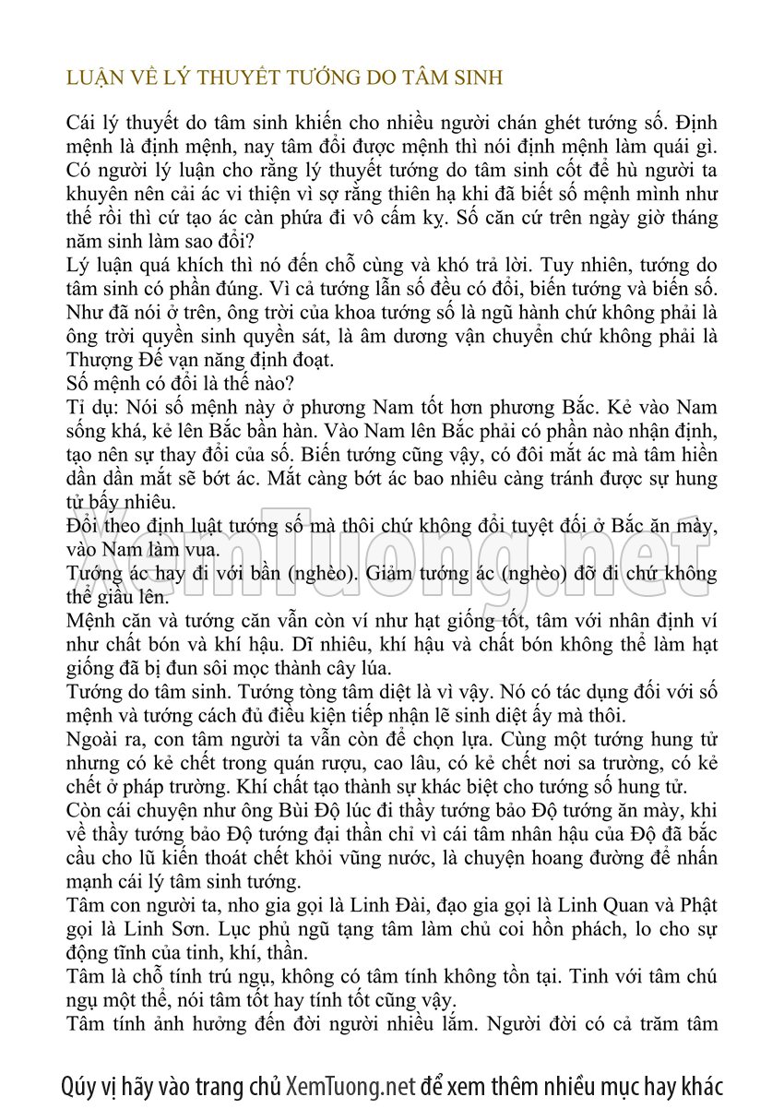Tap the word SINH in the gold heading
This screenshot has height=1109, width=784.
pos(476,78)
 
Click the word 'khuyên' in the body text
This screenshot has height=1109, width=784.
pos(96,195)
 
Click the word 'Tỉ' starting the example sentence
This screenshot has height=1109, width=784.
pos(76,407)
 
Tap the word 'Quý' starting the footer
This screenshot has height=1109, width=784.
pos(78,1085)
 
